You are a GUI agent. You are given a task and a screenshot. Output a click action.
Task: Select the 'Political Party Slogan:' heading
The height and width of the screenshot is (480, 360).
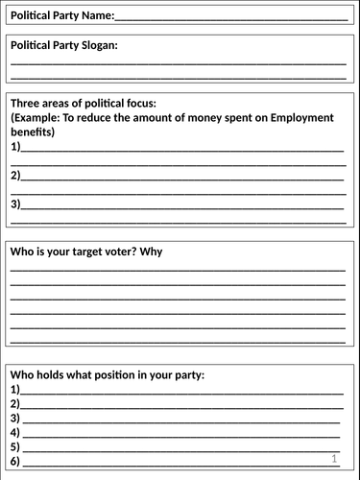64,46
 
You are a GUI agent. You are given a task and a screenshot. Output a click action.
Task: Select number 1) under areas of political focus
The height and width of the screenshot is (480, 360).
15,147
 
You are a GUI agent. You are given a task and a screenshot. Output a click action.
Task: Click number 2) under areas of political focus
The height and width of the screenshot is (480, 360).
15,176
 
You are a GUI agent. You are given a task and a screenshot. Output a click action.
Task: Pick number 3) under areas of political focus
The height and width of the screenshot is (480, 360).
15,204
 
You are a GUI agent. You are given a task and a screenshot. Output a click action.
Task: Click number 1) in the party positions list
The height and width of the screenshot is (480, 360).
15,390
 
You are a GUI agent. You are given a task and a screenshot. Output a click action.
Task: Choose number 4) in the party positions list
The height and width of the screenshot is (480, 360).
15,433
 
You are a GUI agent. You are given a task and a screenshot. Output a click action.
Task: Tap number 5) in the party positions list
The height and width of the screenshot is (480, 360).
15,447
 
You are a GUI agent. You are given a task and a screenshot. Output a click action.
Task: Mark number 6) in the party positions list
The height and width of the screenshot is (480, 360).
15,462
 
